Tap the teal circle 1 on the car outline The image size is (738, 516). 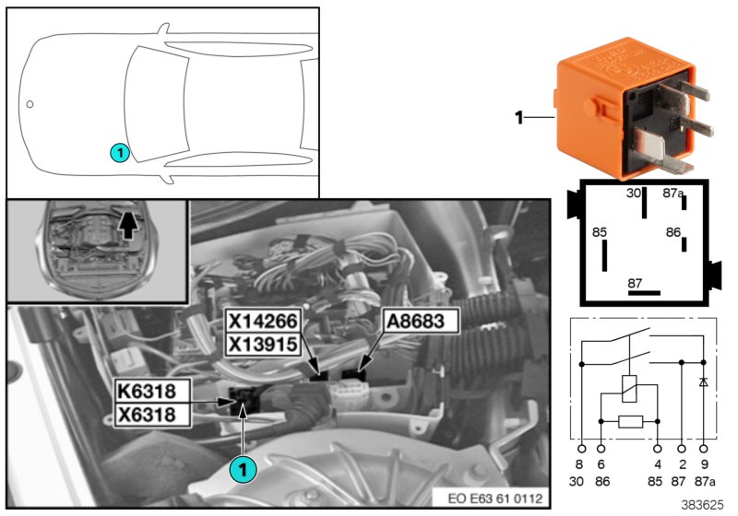[119, 150]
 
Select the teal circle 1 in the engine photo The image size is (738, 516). [243, 469]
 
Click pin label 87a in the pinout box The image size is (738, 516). [673, 193]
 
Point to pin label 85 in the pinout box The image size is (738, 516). [600, 233]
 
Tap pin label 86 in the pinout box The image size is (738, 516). [675, 233]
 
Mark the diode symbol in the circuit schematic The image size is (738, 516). [705, 381]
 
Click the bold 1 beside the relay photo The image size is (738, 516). [518, 118]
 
